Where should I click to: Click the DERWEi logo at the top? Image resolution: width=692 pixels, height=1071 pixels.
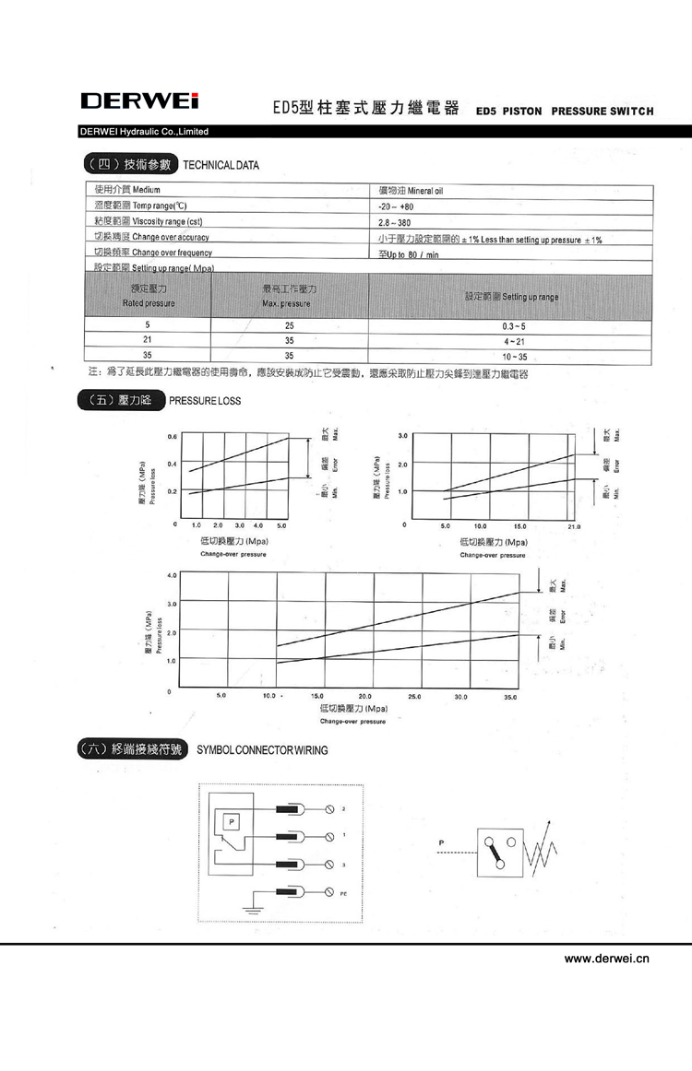coord(139,100)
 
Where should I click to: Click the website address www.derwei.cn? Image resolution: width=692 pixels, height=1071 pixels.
coord(607,959)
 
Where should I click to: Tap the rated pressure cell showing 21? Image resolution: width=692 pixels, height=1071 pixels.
coord(147,341)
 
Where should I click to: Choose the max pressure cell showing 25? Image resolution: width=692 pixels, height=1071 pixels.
coord(289,326)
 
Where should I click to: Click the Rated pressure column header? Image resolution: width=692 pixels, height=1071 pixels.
coord(148,296)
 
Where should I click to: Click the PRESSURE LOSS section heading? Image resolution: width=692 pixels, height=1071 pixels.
coord(205,401)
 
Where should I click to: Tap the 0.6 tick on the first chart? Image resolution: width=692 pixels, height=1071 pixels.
coord(173,436)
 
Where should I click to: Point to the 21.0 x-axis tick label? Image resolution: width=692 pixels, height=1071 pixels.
coord(573,526)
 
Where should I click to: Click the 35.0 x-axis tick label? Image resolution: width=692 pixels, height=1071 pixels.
coord(510,697)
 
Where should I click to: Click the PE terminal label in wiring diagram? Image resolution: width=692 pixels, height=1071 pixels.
coord(343,894)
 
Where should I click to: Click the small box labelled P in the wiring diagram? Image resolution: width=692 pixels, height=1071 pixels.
coord(232,820)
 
